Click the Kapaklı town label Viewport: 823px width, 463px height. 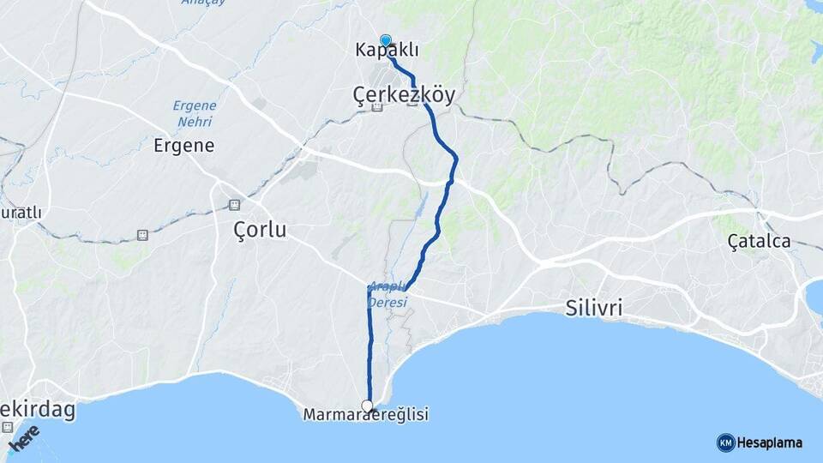pyautogui.click(x=387, y=50)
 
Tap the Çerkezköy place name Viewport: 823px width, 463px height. pyautogui.click(x=404, y=93)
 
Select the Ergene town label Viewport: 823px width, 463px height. pyautogui.click(x=183, y=145)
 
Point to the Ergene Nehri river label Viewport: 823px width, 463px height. pyautogui.click(x=195, y=113)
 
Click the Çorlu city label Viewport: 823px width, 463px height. pyautogui.click(x=260, y=230)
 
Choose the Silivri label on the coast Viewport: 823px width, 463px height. pyautogui.click(x=595, y=308)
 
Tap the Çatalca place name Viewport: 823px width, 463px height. pyautogui.click(x=759, y=242)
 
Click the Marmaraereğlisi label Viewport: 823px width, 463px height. pyautogui.click(x=366, y=415)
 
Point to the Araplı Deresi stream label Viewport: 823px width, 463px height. pyautogui.click(x=387, y=295)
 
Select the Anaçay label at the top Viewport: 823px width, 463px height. pyautogui.click(x=203, y=3)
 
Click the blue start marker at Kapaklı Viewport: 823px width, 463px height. pyautogui.click(x=385, y=39)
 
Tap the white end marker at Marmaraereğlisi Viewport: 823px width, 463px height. pyautogui.click(x=368, y=406)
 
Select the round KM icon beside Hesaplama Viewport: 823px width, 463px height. pyautogui.click(x=725, y=442)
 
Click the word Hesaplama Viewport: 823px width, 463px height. pyautogui.click(x=770, y=442)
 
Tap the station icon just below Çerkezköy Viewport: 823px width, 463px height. pyautogui.click(x=376, y=107)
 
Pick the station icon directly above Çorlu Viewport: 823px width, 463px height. pyautogui.click(x=234, y=205)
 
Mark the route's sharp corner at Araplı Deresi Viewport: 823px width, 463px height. pyautogui.click(x=369, y=289)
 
